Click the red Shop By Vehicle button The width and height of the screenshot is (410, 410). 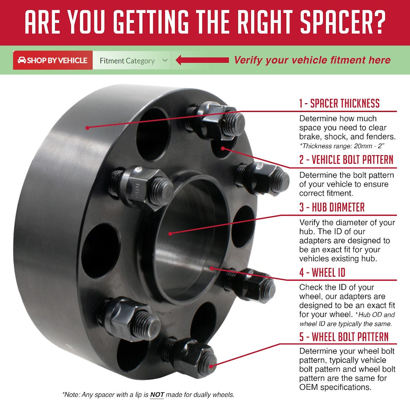53,60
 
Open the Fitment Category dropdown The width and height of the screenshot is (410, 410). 131,61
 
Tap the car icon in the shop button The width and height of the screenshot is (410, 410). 22,60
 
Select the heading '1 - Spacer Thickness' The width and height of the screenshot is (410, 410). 339,103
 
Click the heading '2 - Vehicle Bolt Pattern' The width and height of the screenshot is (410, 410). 346,160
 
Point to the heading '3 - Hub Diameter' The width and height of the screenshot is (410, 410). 331,207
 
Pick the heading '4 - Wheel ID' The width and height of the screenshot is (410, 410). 322,272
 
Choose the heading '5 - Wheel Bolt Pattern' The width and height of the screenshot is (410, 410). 344,337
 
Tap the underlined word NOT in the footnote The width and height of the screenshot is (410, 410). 157,395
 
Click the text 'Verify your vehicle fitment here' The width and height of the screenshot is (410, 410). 312,60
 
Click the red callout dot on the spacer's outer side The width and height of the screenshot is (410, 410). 87,128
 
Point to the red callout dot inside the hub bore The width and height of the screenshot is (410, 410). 170,234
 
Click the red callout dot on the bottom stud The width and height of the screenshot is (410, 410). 211,365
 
